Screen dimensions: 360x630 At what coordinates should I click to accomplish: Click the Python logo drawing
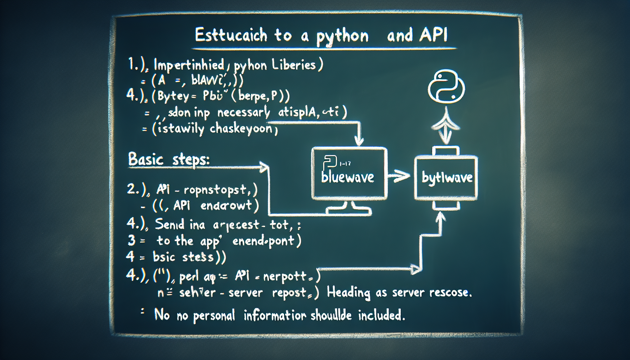(x=446, y=86)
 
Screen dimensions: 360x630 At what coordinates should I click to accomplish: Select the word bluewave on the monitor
(x=347, y=177)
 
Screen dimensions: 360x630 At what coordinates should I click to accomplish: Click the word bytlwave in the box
(x=447, y=178)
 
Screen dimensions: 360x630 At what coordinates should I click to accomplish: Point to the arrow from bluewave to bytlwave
(x=399, y=176)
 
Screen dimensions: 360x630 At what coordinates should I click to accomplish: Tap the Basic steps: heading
(x=169, y=160)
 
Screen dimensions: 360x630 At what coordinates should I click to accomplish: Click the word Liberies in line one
(x=294, y=65)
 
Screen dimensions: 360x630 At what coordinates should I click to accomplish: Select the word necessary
(x=243, y=113)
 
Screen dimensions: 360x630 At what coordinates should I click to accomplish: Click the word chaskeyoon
(x=241, y=129)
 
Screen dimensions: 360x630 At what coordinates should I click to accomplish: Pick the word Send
(x=169, y=224)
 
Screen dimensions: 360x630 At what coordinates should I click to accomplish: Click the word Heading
(x=348, y=292)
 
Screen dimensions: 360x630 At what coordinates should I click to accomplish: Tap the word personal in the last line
(x=214, y=316)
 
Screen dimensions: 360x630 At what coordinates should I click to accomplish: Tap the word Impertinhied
(x=189, y=65)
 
